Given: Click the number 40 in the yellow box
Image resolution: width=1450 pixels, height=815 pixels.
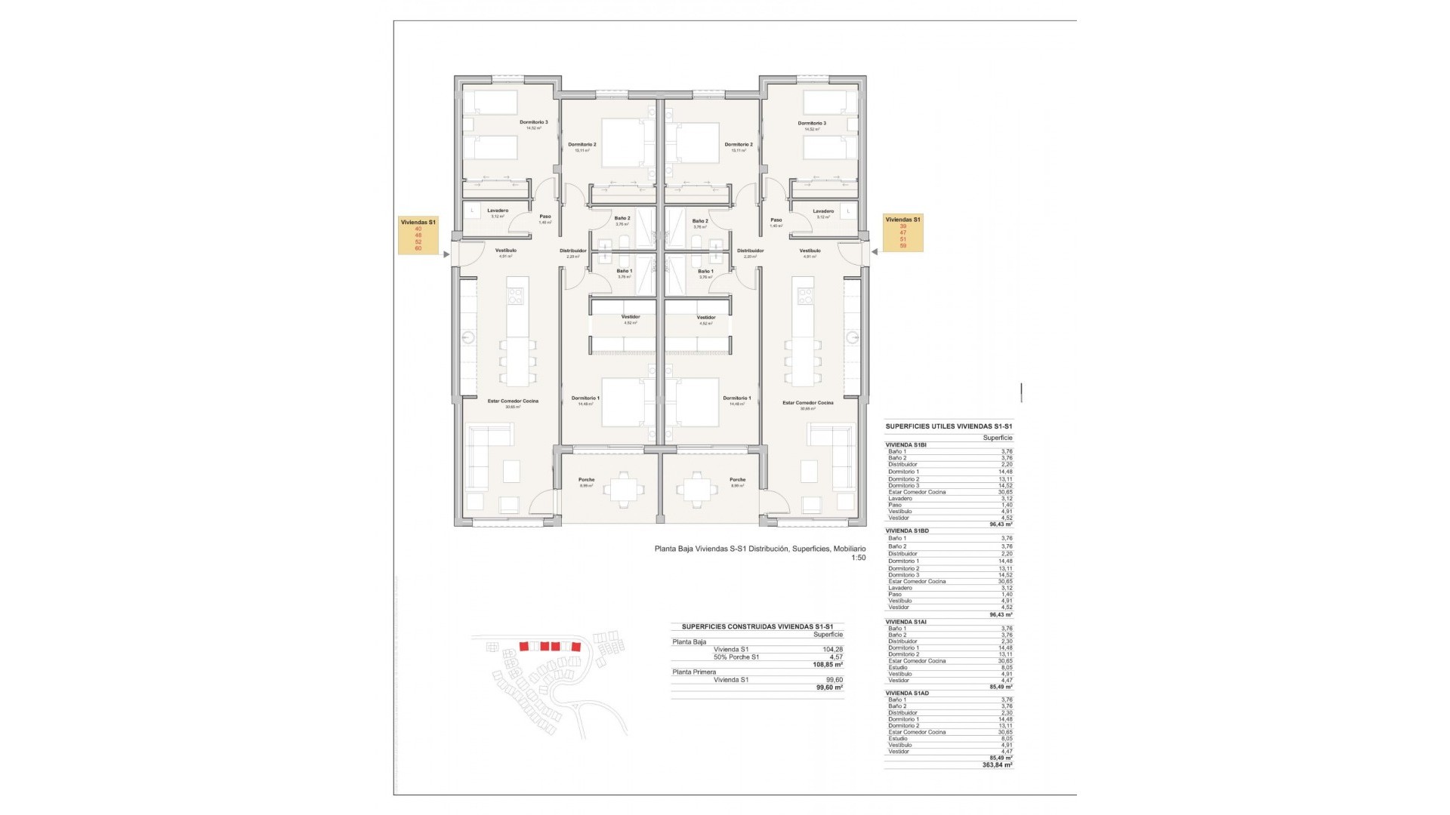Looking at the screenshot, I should pyautogui.click(x=418, y=229).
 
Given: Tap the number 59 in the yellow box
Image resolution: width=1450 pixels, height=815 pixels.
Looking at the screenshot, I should pyautogui.click(x=903, y=245).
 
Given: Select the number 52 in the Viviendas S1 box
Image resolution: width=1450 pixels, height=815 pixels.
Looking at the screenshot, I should pyautogui.click(x=418, y=241).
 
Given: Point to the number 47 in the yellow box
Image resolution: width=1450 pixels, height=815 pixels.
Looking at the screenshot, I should pyautogui.click(x=903, y=232).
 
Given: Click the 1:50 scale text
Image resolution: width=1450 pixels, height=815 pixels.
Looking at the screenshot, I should pyautogui.click(x=858, y=558).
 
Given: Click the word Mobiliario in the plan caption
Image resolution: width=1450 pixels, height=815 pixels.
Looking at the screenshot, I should pyautogui.click(x=849, y=549).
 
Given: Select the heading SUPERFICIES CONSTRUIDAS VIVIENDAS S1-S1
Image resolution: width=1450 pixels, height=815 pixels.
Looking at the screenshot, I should pyautogui.click(x=757, y=626).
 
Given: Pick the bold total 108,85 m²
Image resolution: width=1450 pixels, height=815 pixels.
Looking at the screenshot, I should pyautogui.click(x=828, y=665).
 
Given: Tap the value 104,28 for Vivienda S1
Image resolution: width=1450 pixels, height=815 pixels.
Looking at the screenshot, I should pyautogui.click(x=832, y=649).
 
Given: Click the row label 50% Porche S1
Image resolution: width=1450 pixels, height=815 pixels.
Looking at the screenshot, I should pyautogui.click(x=736, y=657).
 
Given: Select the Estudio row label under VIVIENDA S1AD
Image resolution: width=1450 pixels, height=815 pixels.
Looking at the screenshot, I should pyautogui.click(x=899, y=739).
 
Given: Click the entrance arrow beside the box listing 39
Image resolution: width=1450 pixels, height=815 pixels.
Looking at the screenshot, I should pyautogui.click(x=875, y=253).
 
